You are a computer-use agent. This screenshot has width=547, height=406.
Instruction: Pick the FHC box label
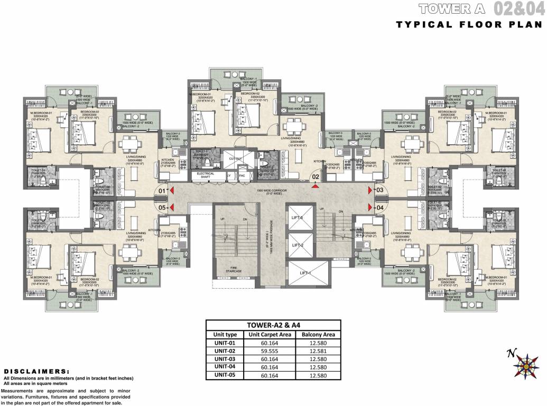click(x=242, y=175)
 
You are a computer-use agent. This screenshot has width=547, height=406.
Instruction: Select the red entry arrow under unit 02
click(x=316, y=186)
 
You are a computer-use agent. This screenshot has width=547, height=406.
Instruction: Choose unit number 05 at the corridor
click(x=162, y=208)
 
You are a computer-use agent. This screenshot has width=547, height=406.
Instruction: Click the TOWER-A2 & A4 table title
click(x=273, y=325)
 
